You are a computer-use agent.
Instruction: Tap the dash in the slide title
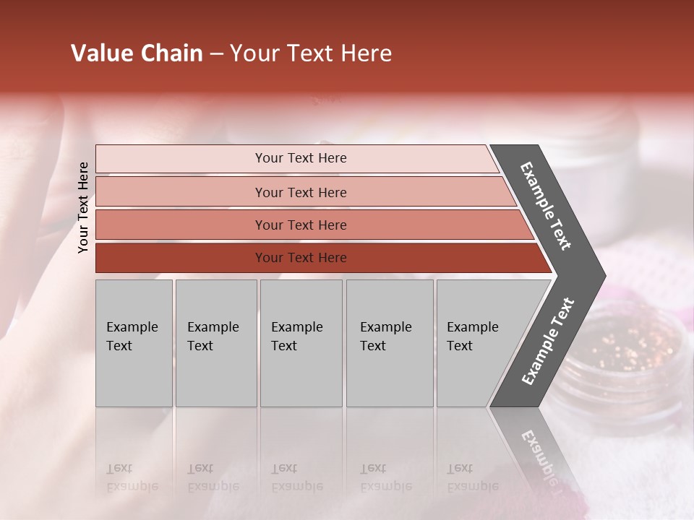(216, 54)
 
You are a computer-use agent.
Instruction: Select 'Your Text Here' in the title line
(311, 53)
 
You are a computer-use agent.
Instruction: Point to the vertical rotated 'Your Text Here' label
(83, 207)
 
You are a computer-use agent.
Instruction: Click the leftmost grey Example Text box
(134, 343)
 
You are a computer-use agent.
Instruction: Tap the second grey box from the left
(216, 343)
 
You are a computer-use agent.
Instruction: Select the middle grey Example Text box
(301, 343)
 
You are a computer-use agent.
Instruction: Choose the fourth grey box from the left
(390, 343)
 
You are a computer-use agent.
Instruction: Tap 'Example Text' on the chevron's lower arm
(548, 342)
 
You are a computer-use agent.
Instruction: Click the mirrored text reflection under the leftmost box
(132, 477)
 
